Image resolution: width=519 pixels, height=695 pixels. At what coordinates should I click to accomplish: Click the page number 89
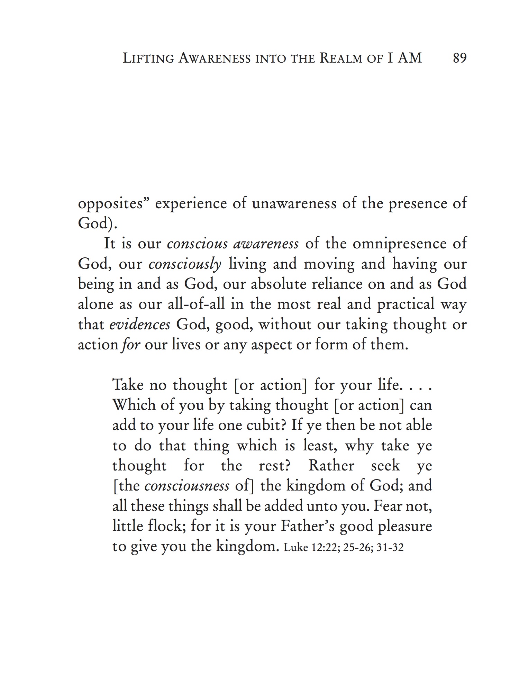click(459, 58)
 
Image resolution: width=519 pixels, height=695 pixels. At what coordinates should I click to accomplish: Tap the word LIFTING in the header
click(148, 58)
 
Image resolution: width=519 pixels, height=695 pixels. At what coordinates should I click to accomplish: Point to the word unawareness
click(294, 203)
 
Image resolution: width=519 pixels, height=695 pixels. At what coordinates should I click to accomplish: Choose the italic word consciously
click(185, 264)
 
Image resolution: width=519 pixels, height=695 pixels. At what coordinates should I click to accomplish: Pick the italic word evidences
click(140, 324)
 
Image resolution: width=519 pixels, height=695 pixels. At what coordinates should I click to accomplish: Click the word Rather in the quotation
click(331, 466)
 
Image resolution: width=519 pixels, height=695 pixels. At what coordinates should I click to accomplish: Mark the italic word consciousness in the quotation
click(187, 486)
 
